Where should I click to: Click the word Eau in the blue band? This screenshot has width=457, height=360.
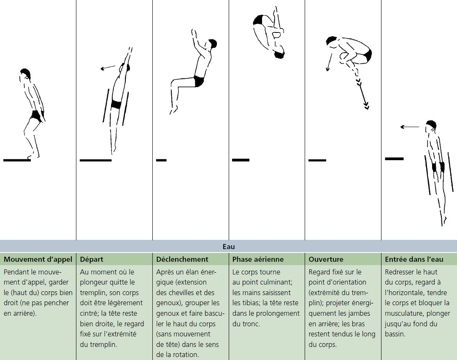click(229, 247)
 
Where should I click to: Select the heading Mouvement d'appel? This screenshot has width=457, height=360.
click(38, 259)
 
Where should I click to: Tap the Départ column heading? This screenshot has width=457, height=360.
click(92, 259)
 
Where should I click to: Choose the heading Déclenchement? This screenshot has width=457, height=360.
click(182, 259)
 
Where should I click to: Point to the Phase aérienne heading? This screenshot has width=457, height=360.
click(258, 259)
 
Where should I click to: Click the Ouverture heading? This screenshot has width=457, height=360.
click(326, 259)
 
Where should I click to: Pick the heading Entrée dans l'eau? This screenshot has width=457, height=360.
click(414, 259)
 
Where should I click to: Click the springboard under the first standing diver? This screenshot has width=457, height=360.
click(17, 160)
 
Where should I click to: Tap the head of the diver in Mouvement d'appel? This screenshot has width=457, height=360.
click(25, 74)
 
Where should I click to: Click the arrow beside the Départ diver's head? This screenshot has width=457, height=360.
click(108, 68)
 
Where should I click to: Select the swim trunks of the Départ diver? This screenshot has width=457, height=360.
click(116, 104)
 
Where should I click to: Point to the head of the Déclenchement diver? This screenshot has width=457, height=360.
click(212, 44)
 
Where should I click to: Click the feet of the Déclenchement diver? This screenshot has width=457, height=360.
click(173, 110)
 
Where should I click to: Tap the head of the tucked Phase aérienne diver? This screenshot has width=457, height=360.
click(279, 54)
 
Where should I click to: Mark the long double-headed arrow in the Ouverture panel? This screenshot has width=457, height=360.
click(361, 90)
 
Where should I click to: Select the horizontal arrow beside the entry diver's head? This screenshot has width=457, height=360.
click(409, 127)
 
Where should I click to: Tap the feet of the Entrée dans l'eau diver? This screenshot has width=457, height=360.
click(443, 220)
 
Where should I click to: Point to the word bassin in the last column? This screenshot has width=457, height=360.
click(395, 334)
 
